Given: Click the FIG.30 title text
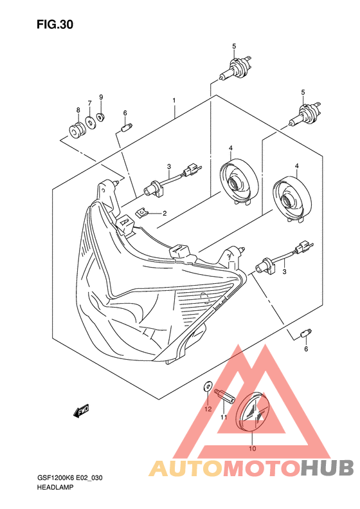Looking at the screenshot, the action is [x=55, y=24].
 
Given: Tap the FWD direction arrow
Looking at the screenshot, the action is [x=81, y=411].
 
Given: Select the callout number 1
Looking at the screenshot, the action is [x=174, y=100].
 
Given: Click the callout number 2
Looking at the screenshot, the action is [x=165, y=213].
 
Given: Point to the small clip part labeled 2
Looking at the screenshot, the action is [x=141, y=212].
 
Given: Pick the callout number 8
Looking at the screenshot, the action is [x=78, y=111].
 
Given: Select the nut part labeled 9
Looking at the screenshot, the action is [x=100, y=116].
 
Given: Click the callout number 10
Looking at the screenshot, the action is [x=253, y=449].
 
